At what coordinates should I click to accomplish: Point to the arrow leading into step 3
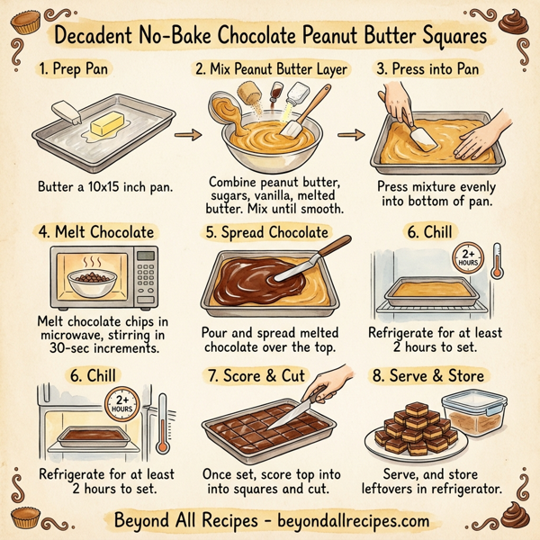pyautogui.click(x=355, y=135)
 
